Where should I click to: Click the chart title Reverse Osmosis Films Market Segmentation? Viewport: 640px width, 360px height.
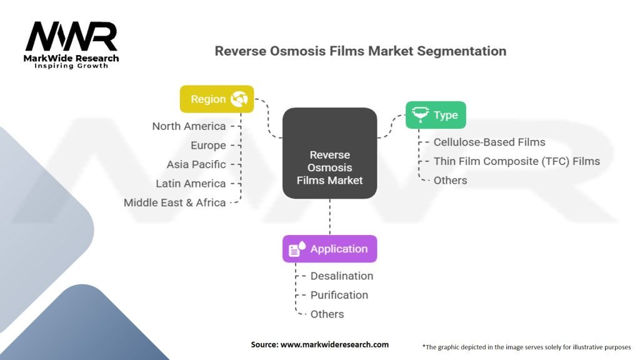tap(361, 51)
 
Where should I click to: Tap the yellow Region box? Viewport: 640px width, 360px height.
tap(217, 99)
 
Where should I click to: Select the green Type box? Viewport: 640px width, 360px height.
tap(436, 115)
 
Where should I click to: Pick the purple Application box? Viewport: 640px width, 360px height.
tap(329, 249)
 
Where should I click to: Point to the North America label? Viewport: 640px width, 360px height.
tap(189, 126)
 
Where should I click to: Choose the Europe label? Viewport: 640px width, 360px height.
tap(208, 146)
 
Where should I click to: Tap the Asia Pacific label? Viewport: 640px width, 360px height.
tap(196, 164)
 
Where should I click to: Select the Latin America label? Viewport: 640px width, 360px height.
tap(191, 184)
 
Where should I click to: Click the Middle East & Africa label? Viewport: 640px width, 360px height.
tap(174, 202)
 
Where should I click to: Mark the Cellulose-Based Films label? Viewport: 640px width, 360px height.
tap(489, 142)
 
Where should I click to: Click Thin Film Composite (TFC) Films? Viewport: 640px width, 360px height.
tap(516, 161)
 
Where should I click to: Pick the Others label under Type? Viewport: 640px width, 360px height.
tap(450, 181)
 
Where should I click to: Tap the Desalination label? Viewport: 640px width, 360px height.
tap(342, 276)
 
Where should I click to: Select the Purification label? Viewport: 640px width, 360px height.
tap(339, 295)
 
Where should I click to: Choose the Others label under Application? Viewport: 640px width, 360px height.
tap(327, 314)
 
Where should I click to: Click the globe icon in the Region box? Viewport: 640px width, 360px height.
tap(239, 99)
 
